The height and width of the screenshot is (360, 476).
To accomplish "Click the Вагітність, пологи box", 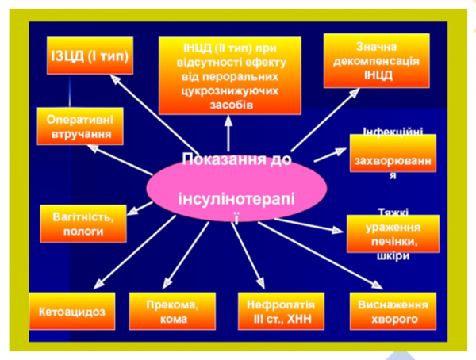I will (83, 224).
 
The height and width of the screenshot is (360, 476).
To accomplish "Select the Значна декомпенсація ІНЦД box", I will (376, 60).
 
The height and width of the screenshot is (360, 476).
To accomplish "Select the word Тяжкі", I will (390, 213).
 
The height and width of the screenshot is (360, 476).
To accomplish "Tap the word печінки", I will (390, 243).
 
